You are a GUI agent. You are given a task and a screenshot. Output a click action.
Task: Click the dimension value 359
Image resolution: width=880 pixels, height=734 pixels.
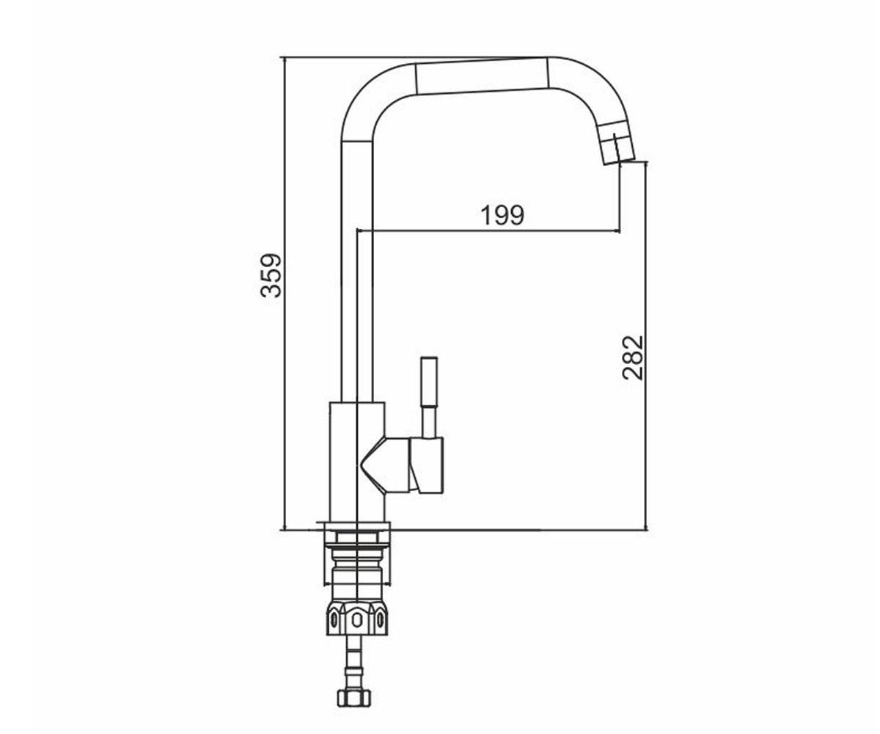pyautogui.click(x=271, y=275)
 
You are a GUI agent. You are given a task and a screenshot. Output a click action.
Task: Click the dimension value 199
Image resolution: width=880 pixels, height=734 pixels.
pyautogui.click(x=503, y=215)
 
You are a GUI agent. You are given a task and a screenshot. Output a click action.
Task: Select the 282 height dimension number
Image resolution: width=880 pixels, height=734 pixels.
pyautogui.click(x=634, y=357)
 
